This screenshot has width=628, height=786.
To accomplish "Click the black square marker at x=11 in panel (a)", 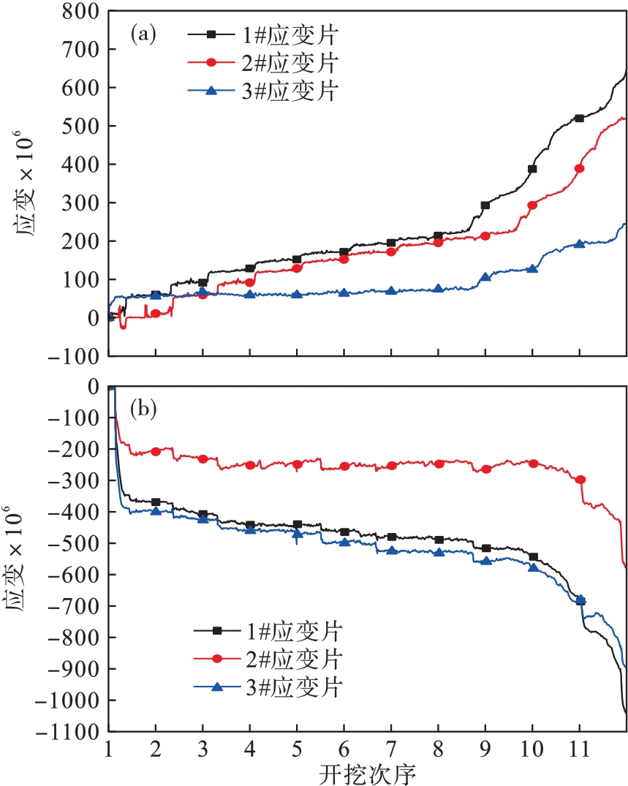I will [580, 118].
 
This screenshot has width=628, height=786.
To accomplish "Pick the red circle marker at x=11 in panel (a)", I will [580, 168].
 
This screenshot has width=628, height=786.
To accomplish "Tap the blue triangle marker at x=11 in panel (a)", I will [580, 243].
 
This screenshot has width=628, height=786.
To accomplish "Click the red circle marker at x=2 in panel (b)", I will [156, 451].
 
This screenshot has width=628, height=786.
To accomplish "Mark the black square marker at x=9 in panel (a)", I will [485, 205].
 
